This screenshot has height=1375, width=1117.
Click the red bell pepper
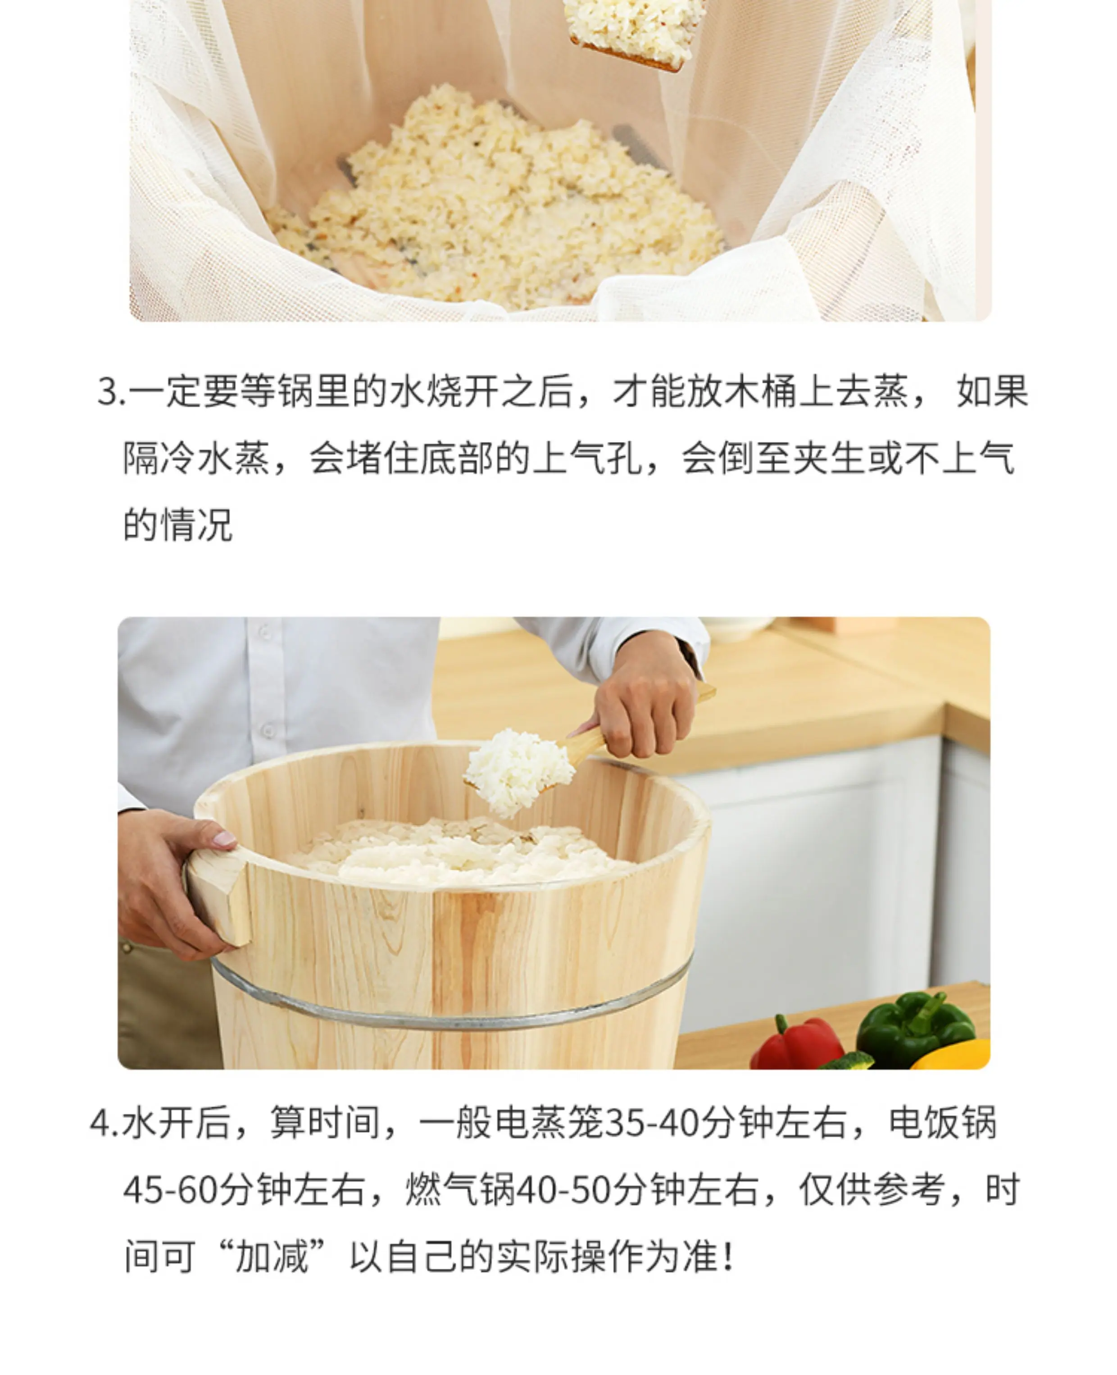click(x=797, y=1043)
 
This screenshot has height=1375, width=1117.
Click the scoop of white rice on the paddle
click(x=518, y=771)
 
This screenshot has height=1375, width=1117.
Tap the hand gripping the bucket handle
click(x=174, y=883)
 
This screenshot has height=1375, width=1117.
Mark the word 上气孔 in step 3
click(x=587, y=458)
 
